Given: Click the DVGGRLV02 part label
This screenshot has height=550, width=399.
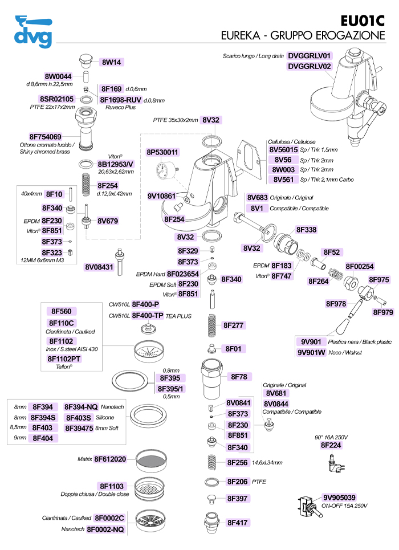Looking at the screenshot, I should coord(310,66).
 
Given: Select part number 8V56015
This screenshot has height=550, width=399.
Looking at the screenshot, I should coord(288,150).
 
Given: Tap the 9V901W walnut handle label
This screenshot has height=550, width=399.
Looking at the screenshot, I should coord(311,352).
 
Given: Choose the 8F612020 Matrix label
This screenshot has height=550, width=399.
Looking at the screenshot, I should coord(110,459).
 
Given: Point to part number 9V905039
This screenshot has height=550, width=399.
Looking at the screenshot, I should coord(340,496).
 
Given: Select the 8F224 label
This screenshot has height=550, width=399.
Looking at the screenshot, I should coord(331,445).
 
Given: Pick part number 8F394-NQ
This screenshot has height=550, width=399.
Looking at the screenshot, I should coord(81,407).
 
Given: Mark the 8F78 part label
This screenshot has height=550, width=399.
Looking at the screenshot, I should coord(238,377).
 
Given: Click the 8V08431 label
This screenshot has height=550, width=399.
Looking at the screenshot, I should coord(97,267).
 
